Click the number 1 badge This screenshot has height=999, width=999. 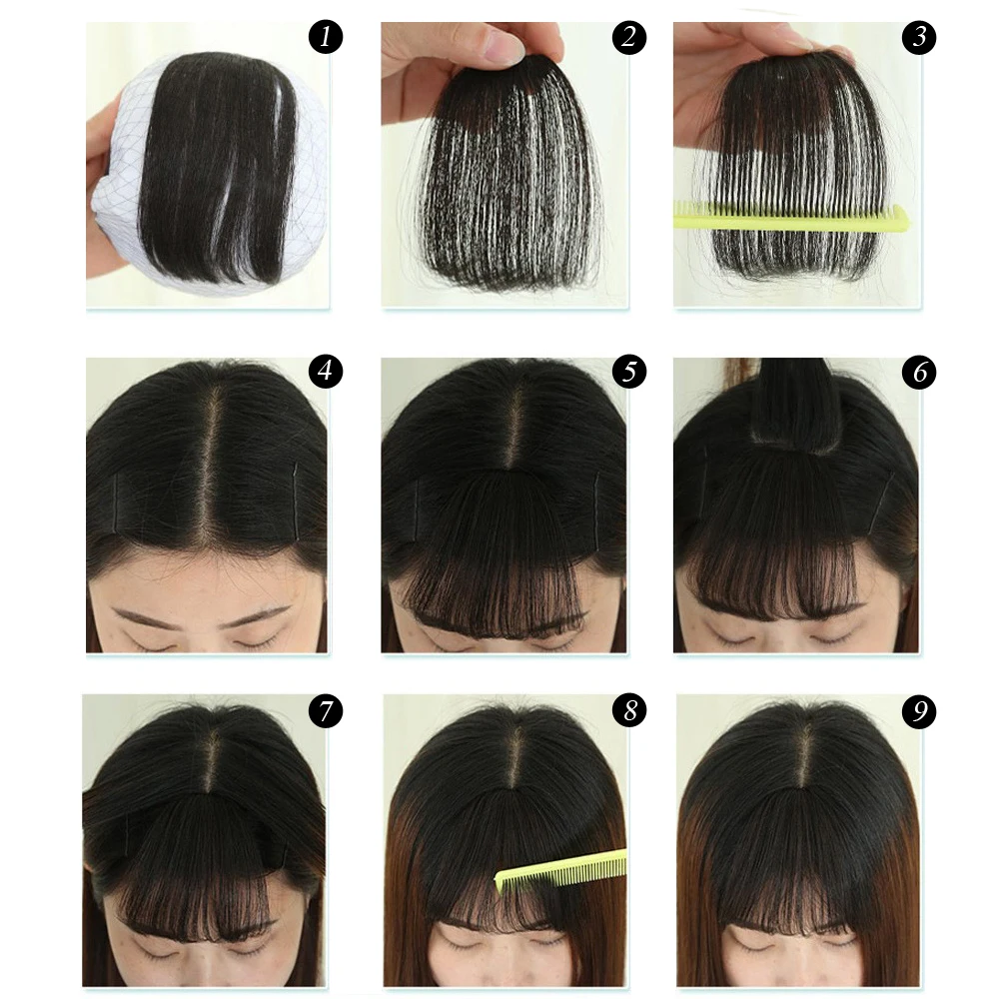[x=325, y=39]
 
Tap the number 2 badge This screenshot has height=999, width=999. [x=629, y=39]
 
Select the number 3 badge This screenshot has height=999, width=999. [x=919, y=39]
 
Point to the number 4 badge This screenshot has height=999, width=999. [x=325, y=372]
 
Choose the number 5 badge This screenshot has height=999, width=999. [x=629, y=372]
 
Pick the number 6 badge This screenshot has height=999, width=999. [x=919, y=372]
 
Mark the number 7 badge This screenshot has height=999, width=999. [x=325, y=711]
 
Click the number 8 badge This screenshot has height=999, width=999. [x=629, y=711]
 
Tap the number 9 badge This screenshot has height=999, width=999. [x=919, y=711]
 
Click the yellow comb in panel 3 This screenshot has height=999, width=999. [x=789, y=216]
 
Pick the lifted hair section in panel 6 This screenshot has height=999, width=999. [x=795, y=405]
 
